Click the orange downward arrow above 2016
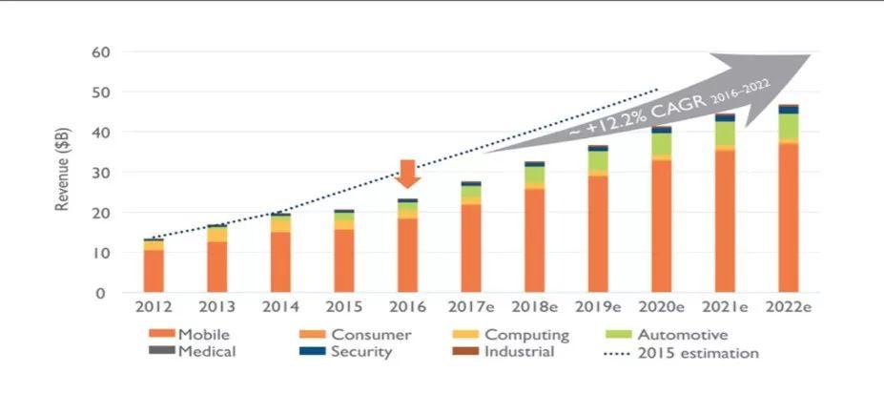[408, 174]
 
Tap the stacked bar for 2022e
[788, 200]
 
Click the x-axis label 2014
[281, 307]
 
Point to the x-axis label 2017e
[472, 307]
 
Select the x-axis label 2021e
[725, 307]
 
